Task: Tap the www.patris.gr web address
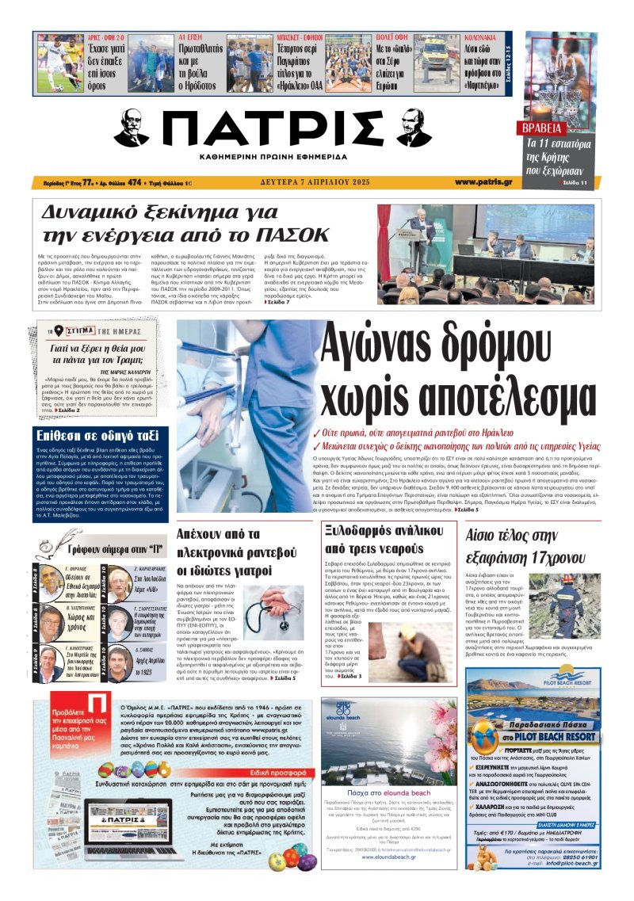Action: pos(483,182)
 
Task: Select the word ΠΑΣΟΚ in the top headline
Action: pos(292,235)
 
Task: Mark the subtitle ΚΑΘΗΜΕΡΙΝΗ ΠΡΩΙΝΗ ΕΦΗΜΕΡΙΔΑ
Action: pos(274,158)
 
